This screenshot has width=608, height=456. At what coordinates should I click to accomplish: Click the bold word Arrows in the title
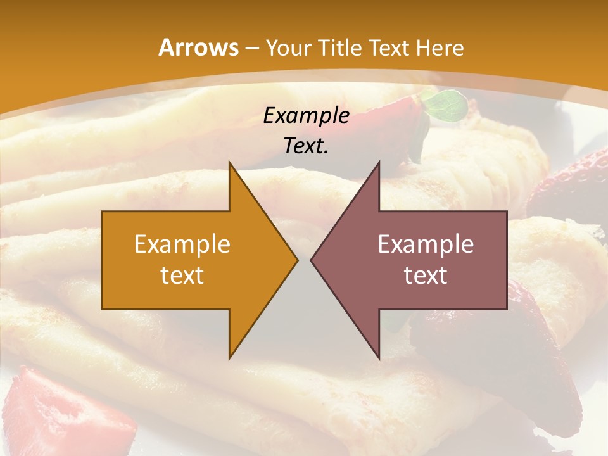click(x=198, y=47)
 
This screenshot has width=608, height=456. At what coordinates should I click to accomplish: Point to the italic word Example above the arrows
click(x=307, y=115)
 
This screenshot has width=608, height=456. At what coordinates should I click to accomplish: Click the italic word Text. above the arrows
click(x=307, y=146)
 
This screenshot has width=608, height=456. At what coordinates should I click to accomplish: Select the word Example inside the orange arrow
click(x=182, y=244)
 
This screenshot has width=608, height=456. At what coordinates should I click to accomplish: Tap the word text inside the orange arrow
click(x=182, y=275)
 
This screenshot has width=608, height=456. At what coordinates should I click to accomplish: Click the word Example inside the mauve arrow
click(x=426, y=244)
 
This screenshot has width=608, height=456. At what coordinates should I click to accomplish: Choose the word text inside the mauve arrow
click(x=426, y=275)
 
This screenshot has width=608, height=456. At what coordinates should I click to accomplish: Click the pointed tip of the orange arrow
click(x=296, y=260)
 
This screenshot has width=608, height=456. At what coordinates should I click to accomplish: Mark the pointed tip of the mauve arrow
click(x=312, y=260)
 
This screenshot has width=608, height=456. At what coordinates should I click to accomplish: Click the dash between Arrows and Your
click(x=250, y=49)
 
